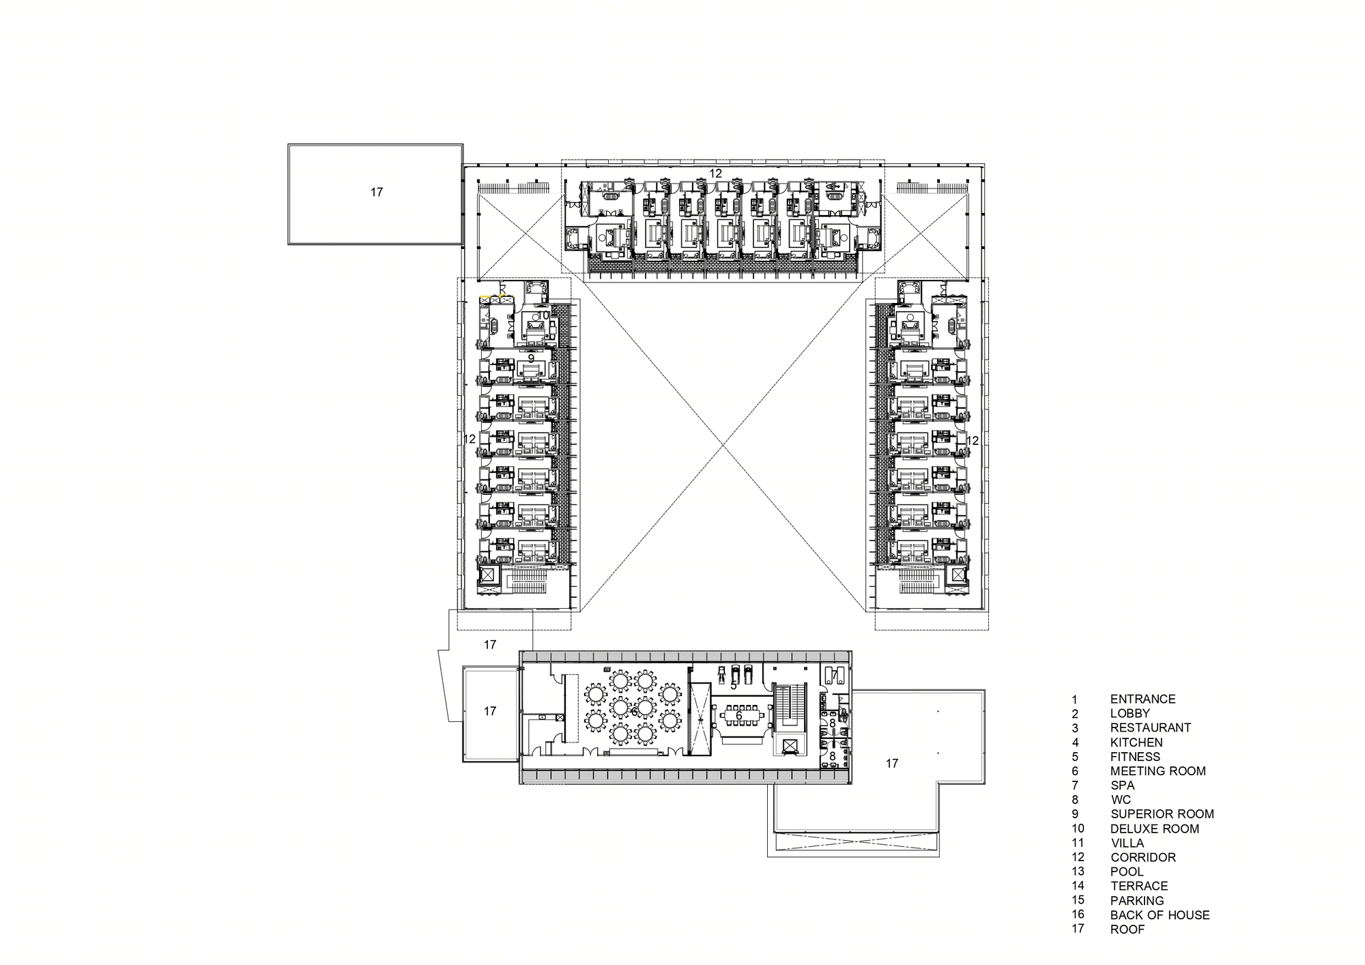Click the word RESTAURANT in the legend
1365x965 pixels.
click(x=1150, y=728)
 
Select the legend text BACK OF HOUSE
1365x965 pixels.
click(x=1160, y=914)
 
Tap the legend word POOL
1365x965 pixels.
click(x=1127, y=872)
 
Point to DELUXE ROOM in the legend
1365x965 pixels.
click(x=1155, y=829)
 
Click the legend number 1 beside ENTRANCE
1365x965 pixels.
click(x=1074, y=700)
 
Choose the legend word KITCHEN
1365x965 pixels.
click(x=1136, y=743)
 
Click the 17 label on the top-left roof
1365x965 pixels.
click(x=377, y=192)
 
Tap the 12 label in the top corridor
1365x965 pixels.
click(x=715, y=174)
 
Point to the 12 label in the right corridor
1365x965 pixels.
click(x=973, y=441)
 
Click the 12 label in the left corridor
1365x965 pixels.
click(x=470, y=440)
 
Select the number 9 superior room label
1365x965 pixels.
click(x=531, y=358)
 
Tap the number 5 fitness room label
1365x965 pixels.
click(x=734, y=685)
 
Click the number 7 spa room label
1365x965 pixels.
click(x=834, y=675)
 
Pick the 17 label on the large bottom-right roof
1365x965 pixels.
click(x=892, y=764)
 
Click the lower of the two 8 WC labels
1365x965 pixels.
click(x=833, y=756)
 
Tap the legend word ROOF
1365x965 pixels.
click(x=1127, y=929)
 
